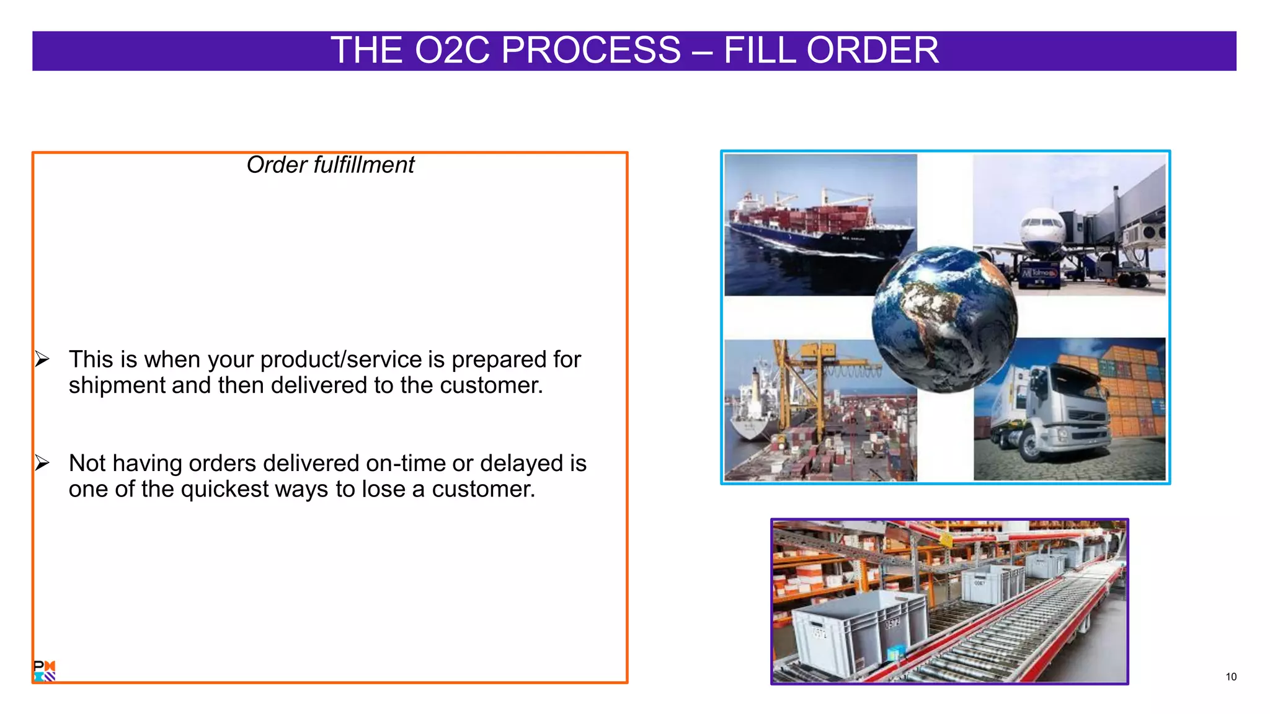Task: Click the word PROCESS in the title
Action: click(590, 50)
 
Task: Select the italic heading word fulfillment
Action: click(363, 165)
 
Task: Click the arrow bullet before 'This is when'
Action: click(42, 359)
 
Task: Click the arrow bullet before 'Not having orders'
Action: click(42, 462)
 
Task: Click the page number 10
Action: click(1231, 677)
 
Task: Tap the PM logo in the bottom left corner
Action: click(44, 671)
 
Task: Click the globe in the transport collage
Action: click(944, 319)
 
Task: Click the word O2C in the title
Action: click(454, 50)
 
